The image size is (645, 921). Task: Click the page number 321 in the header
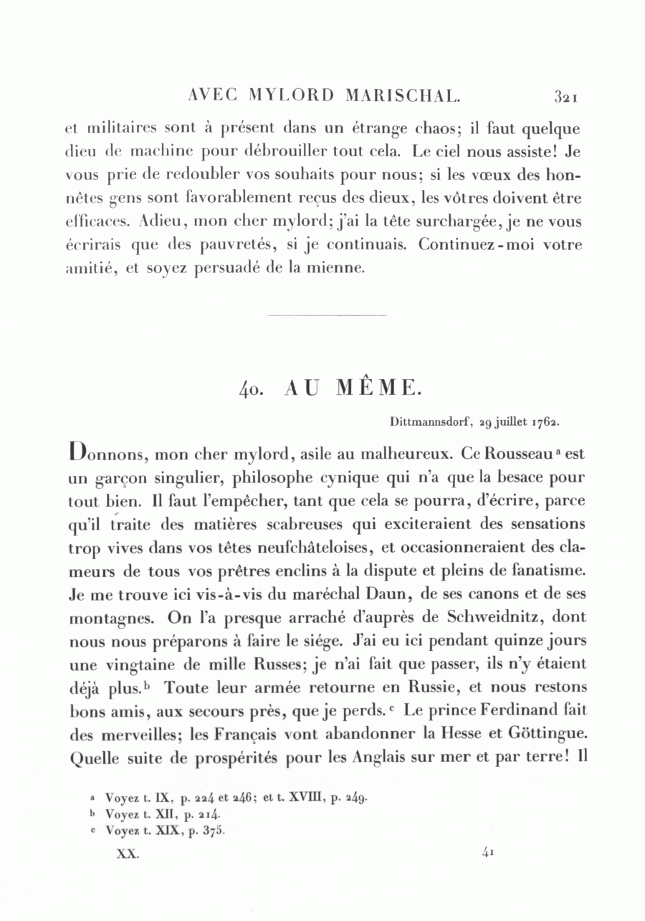click(x=565, y=95)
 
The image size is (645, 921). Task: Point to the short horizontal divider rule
click(x=326, y=315)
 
